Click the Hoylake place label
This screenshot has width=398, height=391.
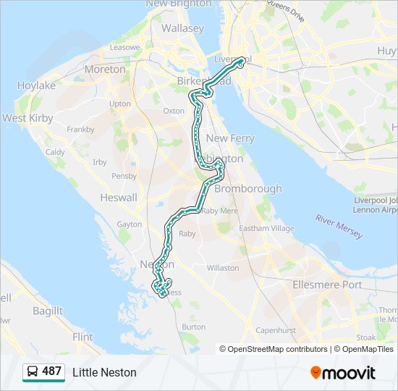pos(36,85)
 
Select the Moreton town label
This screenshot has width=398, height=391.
pos(105,70)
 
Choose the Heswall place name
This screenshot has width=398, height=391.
pos(118,198)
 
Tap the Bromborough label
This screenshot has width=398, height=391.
pos(248,189)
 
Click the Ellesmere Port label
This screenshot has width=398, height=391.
pos(327,285)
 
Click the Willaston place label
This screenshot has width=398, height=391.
pos(223,268)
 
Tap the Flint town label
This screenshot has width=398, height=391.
pos(82,337)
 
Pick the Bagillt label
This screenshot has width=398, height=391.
pos(48,311)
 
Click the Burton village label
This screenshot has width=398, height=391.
pos(194,327)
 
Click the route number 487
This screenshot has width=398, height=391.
pos(51,371)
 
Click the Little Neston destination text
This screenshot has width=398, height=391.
pos(104,372)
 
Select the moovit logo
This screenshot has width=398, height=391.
pos(343,372)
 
